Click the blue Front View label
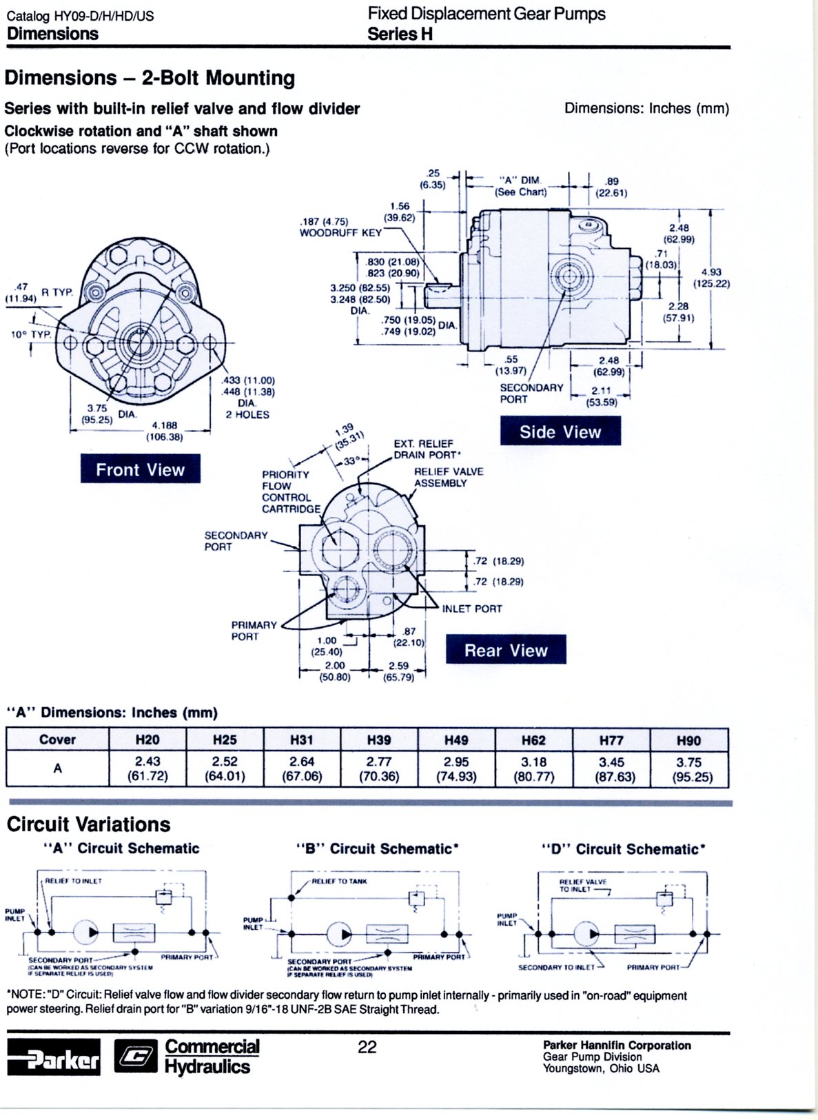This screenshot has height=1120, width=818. click(x=140, y=469)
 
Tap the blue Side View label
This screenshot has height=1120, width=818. click(x=560, y=431)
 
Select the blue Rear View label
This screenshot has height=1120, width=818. click(x=505, y=650)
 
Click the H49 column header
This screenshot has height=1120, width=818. click(x=456, y=740)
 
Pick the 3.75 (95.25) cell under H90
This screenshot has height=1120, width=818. click(x=688, y=769)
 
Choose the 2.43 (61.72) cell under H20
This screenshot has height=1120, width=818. click(x=147, y=768)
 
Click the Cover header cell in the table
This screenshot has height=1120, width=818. click(x=57, y=740)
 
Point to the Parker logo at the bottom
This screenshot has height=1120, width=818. click(x=54, y=1057)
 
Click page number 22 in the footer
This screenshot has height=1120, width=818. click(x=367, y=1047)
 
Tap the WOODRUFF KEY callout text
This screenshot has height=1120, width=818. click(x=340, y=233)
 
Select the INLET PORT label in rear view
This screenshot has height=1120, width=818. click(x=471, y=609)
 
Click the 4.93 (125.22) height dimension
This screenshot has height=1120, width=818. click(x=711, y=278)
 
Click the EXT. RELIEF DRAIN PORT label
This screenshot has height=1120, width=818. click(x=427, y=449)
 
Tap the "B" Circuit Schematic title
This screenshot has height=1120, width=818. click(x=377, y=848)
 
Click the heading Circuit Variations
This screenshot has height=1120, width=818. click(x=88, y=824)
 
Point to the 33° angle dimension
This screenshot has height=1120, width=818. click(x=352, y=460)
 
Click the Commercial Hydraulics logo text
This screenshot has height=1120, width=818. click(x=211, y=1057)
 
